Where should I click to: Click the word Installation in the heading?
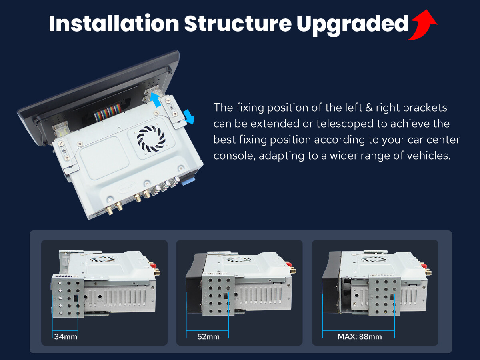tap(114, 23)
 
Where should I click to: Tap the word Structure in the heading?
tap(238, 23)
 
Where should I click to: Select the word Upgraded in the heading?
tap(352, 25)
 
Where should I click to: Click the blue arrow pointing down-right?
tap(189, 117)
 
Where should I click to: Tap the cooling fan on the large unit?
tap(151, 138)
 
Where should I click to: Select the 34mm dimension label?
tap(66, 337)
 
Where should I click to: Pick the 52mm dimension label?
tap(208, 337)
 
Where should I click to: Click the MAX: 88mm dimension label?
tap(360, 337)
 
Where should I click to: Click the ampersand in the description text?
tap(369, 108)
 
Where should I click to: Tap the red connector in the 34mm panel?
tap(154, 266)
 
